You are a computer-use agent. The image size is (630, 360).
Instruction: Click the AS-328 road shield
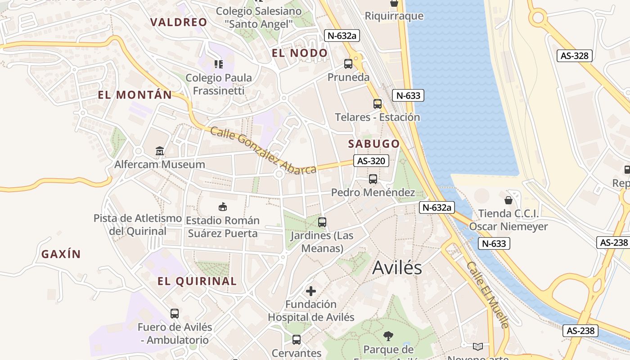pyautogui.click(x=575, y=56)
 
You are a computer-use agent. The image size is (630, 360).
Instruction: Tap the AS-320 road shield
pyautogui.click(x=371, y=161)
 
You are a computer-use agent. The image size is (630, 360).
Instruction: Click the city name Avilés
pyautogui.click(x=397, y=268)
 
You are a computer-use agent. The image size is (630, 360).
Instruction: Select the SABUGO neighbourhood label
pyautogui.click(x=374, y=144)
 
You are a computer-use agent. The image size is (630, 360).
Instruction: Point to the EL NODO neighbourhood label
pyautogui.click(x=300, y=53)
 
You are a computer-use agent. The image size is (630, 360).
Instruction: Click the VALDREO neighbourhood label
pyautogui.click(x=179, y=22)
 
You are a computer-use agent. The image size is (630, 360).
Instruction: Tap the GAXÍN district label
pyautogui.click(x=61, y=254)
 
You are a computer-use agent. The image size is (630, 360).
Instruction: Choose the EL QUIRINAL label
pyautogui.click(x=197, y=281)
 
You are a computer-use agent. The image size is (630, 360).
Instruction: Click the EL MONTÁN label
pyautogui.click(x=135, y=95)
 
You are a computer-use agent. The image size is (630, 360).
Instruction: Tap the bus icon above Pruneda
pyautogui.click(x=348, y=64)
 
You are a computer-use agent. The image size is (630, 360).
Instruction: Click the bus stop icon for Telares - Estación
pyautogui.click(x=378, y=104)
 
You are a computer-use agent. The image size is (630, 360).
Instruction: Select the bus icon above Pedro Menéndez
pyautogui.click(x=373, y=179)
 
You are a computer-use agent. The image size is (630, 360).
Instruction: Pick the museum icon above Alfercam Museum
pyautogui.click(x=160, y=151)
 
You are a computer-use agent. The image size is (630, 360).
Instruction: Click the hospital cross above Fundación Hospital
pyautogui.click(x=311, y=291)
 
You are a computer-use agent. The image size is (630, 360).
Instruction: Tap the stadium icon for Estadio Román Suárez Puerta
pyautogui.click(x=223, y=207)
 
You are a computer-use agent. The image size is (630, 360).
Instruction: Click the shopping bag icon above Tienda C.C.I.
pyautogui.click(x=508, y=200)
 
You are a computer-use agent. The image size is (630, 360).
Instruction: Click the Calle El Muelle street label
pyautogui.click(x=488, y=295)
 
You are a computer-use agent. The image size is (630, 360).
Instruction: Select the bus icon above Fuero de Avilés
pyautogui.click(x=174, y=314)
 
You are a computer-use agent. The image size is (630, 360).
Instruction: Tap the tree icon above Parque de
pyautogui.click(x=388, y=336)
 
